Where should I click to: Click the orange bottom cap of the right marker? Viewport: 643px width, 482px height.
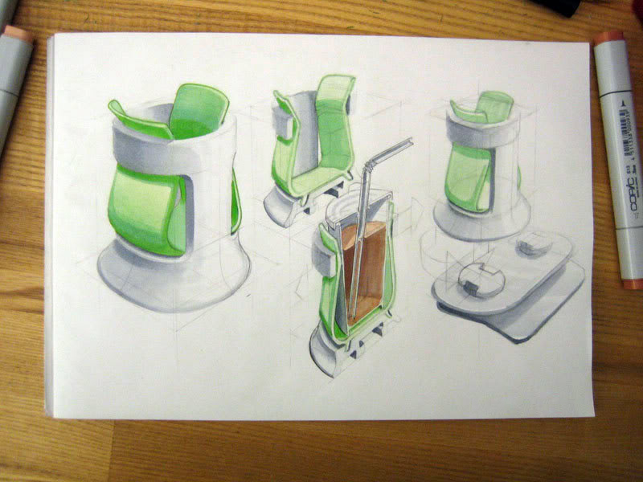click(633, 284)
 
